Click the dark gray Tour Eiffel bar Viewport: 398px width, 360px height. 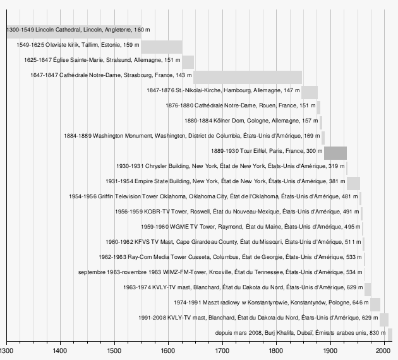(x=335, y=153)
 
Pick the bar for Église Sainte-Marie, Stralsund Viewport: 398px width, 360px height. (x=188, y=62)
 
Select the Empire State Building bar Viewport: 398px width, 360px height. (x=353, y=183)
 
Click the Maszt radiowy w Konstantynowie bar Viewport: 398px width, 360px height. (x=375, y=304)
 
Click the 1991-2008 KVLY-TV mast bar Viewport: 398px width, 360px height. (x=383, y=319)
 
